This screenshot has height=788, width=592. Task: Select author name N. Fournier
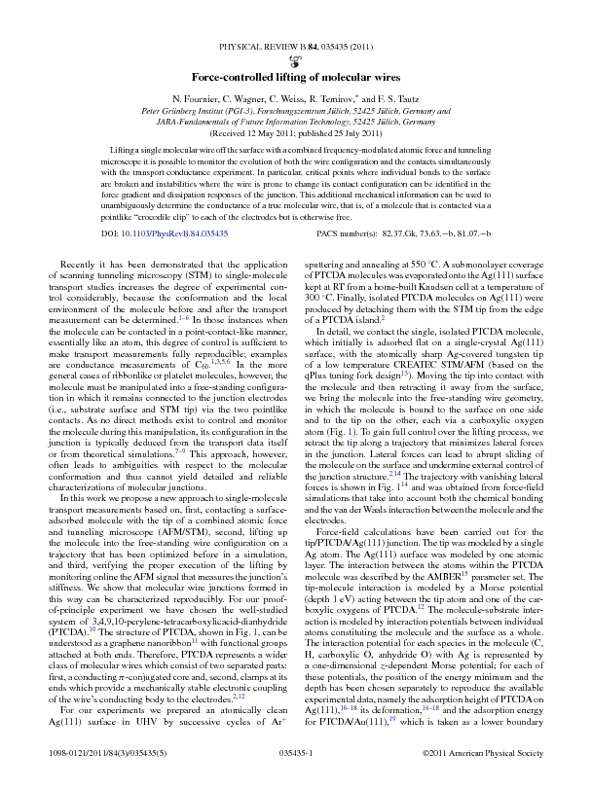click(x=200, y=100)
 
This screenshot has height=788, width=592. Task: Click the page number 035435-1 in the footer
click(x=295, y=771)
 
